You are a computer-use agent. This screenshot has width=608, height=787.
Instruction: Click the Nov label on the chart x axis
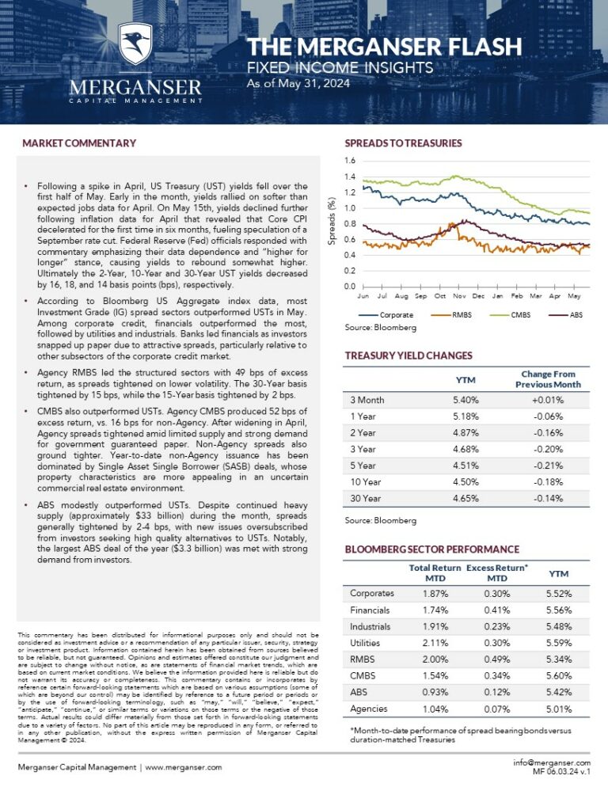click(x=459, y=295)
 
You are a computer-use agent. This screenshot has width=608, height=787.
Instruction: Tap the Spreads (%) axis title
click(x=333, y=222)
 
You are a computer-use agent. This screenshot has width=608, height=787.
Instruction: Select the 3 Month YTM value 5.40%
click(x=465, y=401)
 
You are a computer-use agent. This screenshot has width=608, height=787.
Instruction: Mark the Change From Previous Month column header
click(x=548, y=378)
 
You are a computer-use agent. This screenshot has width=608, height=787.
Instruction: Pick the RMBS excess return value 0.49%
click(x=497, y=660)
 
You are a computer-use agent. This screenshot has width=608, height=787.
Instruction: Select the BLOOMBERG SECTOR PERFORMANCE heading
click(x=432, y=549)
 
